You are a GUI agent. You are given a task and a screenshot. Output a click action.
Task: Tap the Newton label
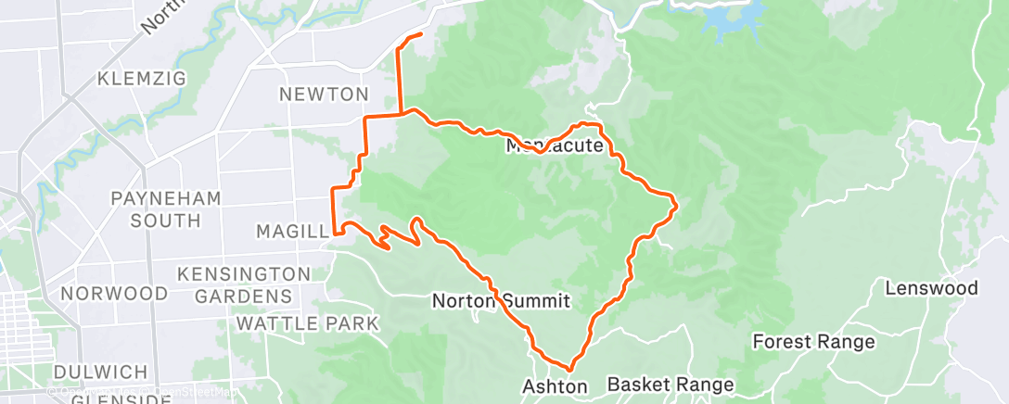tap(324, 95)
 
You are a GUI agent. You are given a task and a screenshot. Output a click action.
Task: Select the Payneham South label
tap(153, 209)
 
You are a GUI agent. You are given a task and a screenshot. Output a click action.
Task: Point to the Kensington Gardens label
tap(244, 284)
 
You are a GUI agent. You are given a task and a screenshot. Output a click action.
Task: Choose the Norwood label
tap(113, 294)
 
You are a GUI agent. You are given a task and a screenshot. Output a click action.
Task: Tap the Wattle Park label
tap(307, 323)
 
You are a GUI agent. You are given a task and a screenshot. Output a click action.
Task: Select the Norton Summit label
tap(501, 301)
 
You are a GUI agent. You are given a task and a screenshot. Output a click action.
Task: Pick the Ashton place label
tap(556, 386)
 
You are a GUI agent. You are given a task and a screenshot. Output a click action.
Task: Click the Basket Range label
tap(670, 384)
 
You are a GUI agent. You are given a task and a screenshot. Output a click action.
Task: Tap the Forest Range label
tap(813, 342)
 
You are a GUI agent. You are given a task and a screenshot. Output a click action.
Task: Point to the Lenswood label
tap(930, 288)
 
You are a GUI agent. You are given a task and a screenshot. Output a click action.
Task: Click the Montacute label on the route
tap(556, 146)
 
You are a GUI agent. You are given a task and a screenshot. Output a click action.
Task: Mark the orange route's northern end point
tap(421, 34)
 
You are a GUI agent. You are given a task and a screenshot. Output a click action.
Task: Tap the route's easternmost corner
tap(676, 203)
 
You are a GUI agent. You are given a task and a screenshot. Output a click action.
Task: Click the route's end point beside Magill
tap(333, 234)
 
